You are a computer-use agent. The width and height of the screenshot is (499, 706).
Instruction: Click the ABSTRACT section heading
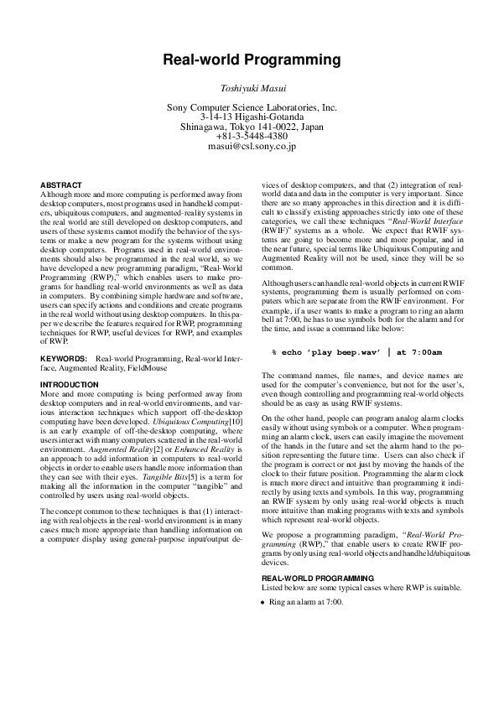pyautogui.click(x=61, y=184)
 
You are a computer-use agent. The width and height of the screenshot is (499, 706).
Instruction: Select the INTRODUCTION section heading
pyautogui.click(x=70, y=384)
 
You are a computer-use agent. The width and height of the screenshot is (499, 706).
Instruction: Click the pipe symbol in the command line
pyautogui.click(x=389, y=376)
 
